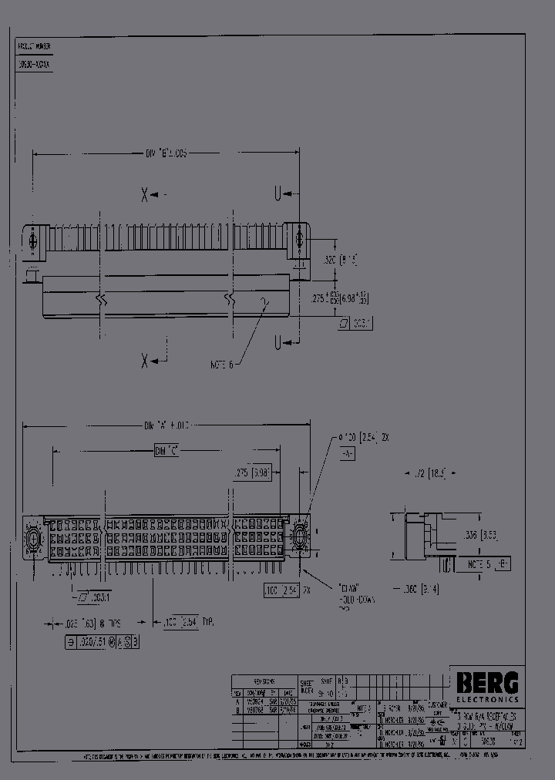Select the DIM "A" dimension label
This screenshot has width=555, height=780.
166,425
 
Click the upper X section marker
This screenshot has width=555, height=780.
144,194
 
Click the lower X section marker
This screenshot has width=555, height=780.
144,360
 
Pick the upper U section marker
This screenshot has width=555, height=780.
275,193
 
